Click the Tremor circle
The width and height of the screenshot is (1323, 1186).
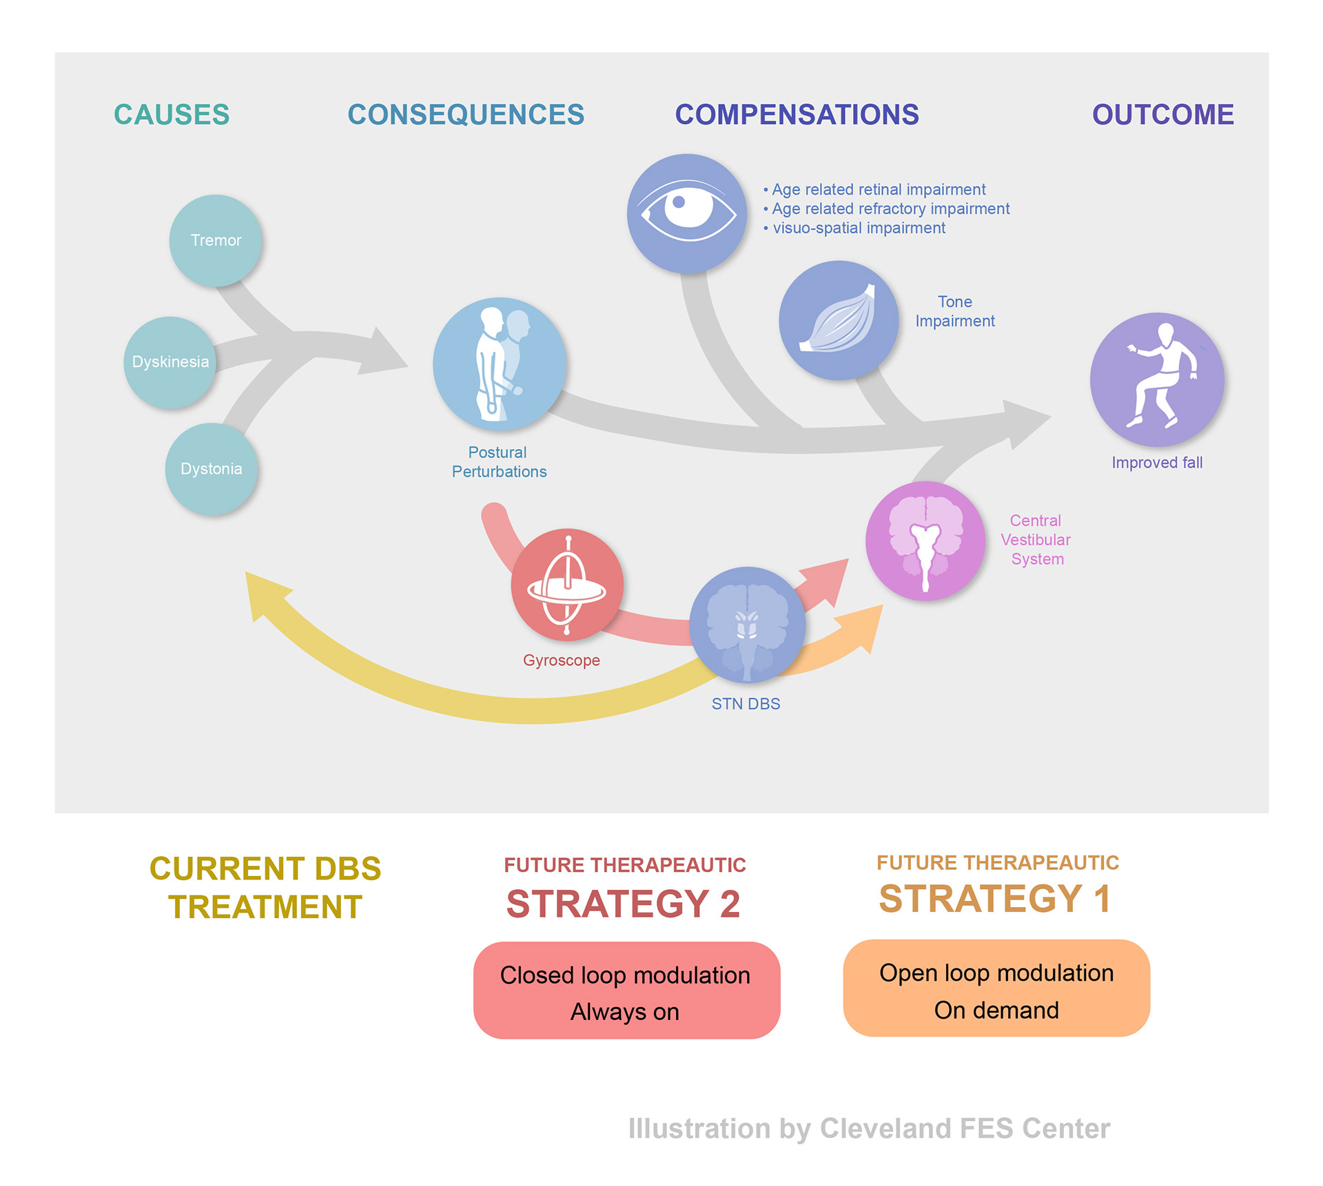click(216, 240)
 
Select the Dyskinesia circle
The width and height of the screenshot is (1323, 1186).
click(170, 362)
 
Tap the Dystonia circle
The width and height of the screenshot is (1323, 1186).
click(212, 469)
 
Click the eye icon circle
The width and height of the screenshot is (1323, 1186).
click(687, 213)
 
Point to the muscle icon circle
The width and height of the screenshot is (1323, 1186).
click(839, 320)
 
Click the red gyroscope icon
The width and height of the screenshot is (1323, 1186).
click(567, 585)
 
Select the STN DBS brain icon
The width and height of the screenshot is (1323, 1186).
click(748, 625)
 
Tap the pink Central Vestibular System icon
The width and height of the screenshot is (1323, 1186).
click(925, 541)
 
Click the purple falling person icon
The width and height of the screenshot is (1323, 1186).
click(1157, 379)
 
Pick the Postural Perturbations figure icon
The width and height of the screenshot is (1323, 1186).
click(500, 364)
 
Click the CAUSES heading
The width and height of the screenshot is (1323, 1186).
click(172, 115)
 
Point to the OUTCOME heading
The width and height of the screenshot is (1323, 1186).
click(1162, 115)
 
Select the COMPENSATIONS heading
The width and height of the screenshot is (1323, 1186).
click(797, 115)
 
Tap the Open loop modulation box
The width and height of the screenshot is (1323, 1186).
click(996, 988)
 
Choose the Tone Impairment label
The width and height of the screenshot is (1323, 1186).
click(955, 311)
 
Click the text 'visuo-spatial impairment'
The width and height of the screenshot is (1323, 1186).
click(859, 228)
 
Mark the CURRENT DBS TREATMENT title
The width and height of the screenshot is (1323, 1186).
click(265, 888)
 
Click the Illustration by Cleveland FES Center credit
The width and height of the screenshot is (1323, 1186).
click(869, 1129)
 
